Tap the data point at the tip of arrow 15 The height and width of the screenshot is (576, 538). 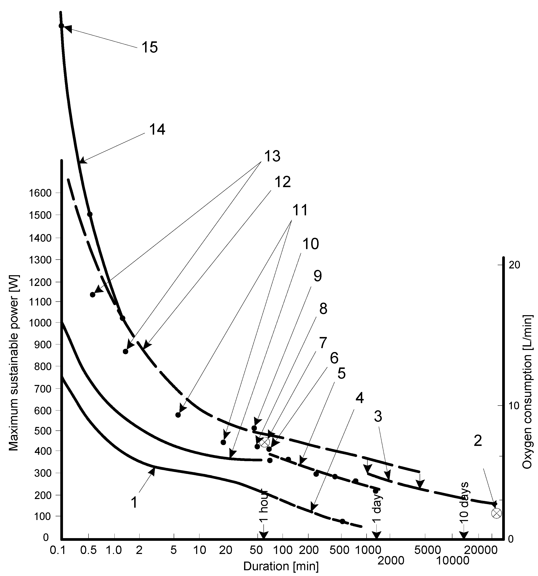coord(61,26)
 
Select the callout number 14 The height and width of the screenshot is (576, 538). coord(157,129)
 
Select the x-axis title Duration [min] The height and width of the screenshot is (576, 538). coord(281,566)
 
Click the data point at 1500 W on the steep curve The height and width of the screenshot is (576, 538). coord(90,214)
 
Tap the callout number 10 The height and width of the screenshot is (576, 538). coord(311,244)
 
